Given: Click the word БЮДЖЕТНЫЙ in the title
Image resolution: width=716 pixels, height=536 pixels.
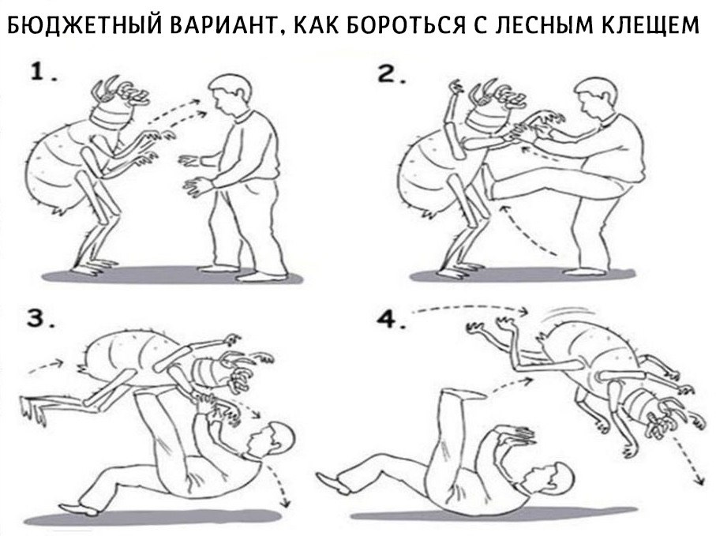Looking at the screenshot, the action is [x=84, y=24].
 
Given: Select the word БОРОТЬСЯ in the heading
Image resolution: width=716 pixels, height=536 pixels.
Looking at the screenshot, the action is [x=399, y=24].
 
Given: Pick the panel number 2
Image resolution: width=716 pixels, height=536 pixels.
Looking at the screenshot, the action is [x=391, y=74].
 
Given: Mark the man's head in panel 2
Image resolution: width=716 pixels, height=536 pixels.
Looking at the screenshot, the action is [x=597, y=99].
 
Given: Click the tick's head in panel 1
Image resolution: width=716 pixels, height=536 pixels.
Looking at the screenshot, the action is [x=120, y=103].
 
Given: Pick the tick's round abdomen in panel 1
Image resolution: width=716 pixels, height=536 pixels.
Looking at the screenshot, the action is [x=57, y=164].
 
